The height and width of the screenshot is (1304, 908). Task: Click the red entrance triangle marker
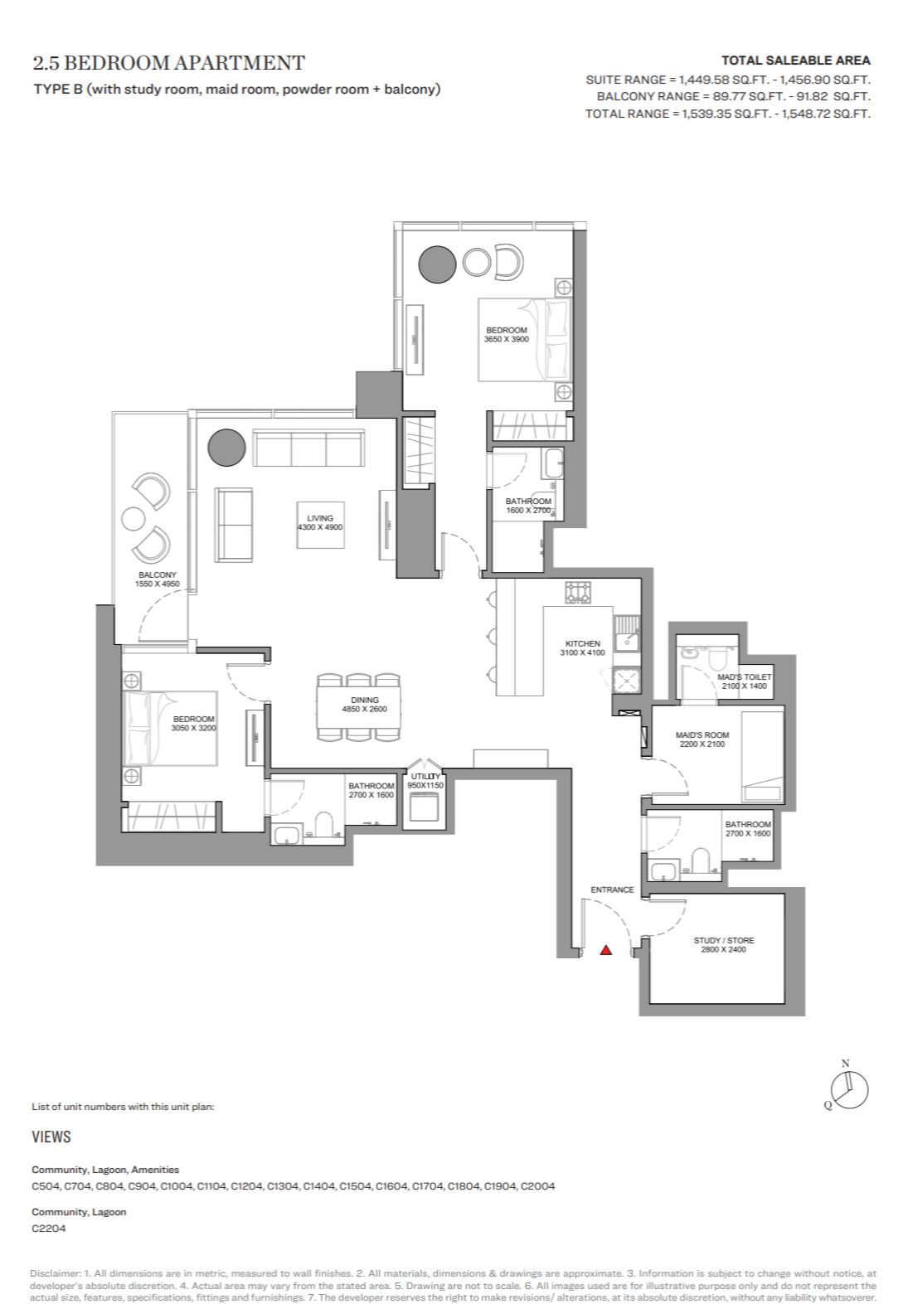click(x=605, y=951)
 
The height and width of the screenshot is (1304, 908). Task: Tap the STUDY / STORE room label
click(x=723, y=940)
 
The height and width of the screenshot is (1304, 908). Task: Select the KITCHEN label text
click(x=582, y=643)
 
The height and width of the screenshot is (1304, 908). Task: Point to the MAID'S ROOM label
click(x=702, y=734)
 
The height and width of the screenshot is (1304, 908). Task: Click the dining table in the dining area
click(x=359, y=707)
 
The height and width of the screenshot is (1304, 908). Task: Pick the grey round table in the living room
click(x=226, y=448)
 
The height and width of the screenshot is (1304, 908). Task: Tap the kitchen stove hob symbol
click(x=578, y=592)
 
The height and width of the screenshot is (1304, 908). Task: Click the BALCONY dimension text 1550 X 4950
click(x=158, y=584)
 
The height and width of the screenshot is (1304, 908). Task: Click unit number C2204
click(x=49, y=1229)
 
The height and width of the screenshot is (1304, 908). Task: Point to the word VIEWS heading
click(x=51, y=1137)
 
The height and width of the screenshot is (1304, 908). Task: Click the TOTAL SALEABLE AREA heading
click(x=795, y=61)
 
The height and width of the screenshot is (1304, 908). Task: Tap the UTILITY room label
click(x=425, y=776)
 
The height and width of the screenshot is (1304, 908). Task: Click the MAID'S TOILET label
click(x=745, y=677)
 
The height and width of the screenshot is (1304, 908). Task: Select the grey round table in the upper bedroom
click(x=437, y=264)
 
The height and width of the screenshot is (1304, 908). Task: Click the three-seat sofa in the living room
click(x=308, y=448)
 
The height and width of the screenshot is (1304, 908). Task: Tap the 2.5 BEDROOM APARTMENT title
click(x=169, y=63)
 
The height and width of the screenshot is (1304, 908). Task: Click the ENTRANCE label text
click(x=612, y=890)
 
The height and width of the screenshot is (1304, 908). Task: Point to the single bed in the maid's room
click(x=762, y=756)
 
